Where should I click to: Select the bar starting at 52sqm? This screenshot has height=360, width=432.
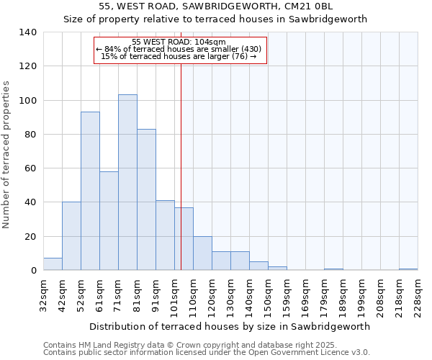coord(90,191)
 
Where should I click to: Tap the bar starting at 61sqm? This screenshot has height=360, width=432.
coord(109,220)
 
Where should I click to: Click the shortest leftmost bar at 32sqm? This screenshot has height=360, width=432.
coord(53,264)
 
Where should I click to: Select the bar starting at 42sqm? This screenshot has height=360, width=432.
coord(71,236)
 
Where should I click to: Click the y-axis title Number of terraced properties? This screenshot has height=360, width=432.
coord(7,155)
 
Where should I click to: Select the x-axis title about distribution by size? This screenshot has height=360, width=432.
coord(230,326)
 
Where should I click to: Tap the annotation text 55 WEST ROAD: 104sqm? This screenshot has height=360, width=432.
coord(179,42)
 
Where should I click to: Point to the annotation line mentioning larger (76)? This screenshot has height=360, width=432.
coord(179,56)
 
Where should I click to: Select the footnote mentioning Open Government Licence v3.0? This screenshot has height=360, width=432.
coord(206,352)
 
